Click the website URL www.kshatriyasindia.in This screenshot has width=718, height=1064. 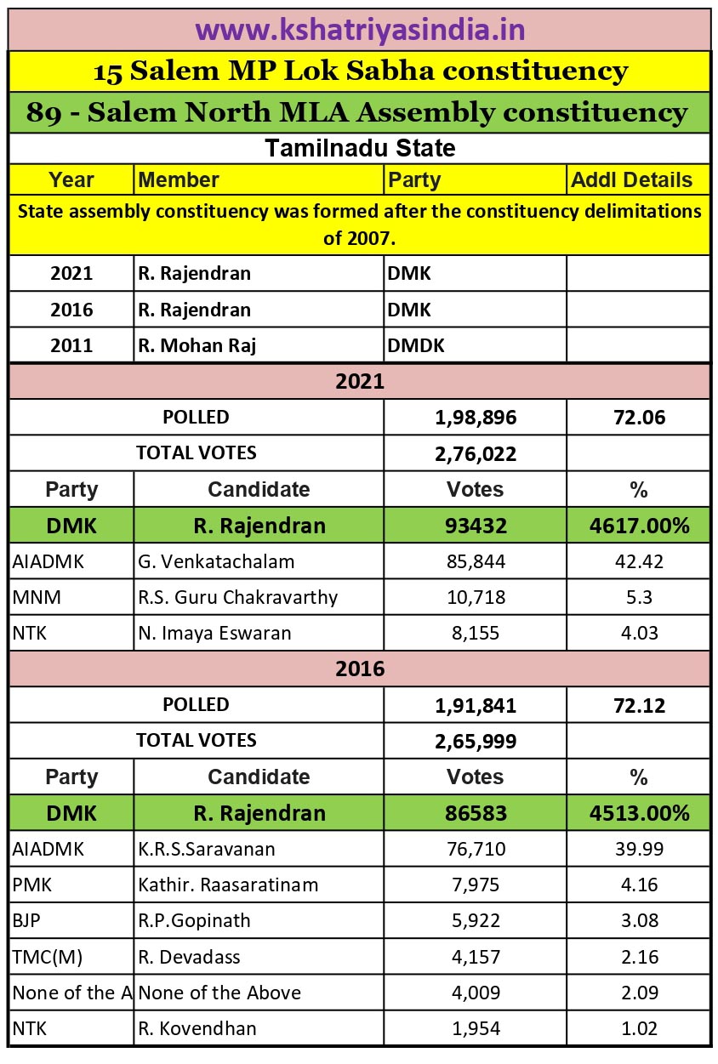pyautogui.click(x=359, y=30)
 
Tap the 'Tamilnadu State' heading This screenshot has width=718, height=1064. pyautogui.click(x=359, y=148)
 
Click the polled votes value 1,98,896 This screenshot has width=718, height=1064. pyautogui.click(x=475, y=418)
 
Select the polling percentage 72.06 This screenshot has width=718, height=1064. pyautogui.click(x=638, y=418)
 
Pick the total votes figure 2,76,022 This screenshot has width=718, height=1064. pyautogui.click(x=475, y=454)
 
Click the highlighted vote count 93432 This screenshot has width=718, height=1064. pyautogui.click(x=475, y=526)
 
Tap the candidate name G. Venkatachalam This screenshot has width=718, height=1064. pyautogui.click(x=216, y=561)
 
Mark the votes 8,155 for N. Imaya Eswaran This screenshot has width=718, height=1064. pyautogui.click(x=475, y=633)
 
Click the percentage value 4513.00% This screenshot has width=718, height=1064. pyautogui.click(x=638, y=813)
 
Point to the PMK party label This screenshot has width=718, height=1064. pyautogui.click(x=32, y=885)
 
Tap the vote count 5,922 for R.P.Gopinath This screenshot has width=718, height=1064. pyautogui.click(x=475, y=920)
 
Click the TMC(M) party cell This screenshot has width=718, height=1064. pyautogui.click(x=48, y=957)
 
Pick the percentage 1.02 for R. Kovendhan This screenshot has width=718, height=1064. pyautogui.click(x=638, y=1028)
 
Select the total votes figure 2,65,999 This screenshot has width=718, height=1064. pyautogui.click(x=475, y=742)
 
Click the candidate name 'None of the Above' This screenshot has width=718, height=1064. pyautogui.click(x=219, y=993)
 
